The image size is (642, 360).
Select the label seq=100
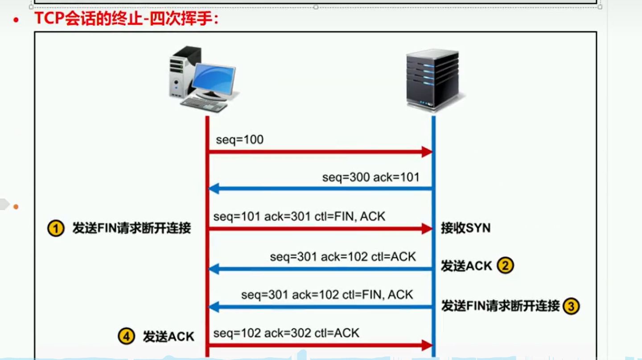(240, 140)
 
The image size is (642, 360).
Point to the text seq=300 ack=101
(371, 177)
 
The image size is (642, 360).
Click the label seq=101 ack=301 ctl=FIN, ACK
(299, 217)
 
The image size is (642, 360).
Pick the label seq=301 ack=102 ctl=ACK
(342, 257)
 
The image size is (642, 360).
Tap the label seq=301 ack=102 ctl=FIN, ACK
(327, 295)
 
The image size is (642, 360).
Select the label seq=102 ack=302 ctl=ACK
(286, 333)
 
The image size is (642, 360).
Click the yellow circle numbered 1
(56, 229)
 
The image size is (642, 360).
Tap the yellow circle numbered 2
(505, 266)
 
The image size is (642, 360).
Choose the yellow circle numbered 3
(571, 306)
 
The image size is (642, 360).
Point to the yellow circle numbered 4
(126, 336)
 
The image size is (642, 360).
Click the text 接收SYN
(465, 228)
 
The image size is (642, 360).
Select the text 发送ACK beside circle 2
(466, 266)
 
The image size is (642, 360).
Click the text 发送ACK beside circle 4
(169, 336)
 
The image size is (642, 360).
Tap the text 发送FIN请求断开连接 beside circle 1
(132, 228)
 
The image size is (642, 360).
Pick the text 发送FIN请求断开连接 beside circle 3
(500, 306)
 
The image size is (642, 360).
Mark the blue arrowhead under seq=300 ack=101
(214, 189)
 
